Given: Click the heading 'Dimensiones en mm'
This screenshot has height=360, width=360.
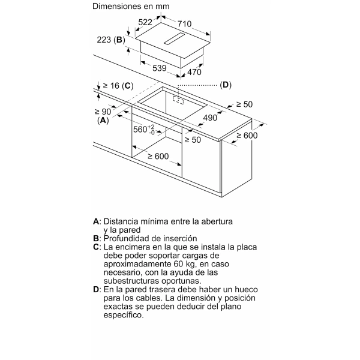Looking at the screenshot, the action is point(131,6).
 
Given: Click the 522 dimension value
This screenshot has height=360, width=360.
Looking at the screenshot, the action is point(145,22).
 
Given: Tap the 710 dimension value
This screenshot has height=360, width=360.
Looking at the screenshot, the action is point(184,23).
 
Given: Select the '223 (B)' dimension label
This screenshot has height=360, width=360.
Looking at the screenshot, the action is point(111,40).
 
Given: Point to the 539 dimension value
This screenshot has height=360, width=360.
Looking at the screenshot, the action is point(160,68).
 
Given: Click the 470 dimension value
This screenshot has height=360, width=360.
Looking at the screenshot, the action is point(194,72).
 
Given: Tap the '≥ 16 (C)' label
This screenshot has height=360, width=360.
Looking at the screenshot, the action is point(118,86).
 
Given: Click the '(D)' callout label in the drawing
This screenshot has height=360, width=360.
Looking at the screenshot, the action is point(226,85).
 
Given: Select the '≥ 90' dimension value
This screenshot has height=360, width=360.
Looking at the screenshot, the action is point(103,112).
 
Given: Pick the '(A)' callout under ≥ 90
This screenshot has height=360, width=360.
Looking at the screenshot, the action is point(103,120).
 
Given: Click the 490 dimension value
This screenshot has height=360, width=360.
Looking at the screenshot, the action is point(210,118).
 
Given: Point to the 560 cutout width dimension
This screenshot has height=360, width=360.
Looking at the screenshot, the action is point(144,130).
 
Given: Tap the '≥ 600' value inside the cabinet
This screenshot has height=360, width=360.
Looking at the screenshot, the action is point(158,157).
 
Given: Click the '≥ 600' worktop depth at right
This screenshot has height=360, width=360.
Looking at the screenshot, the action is point(247,136).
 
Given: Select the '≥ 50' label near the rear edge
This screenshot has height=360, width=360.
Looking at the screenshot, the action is point(244,104).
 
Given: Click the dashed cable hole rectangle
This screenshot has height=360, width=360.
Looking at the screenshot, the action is point(178,100).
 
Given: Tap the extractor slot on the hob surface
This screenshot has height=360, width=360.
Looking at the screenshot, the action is point(174,38).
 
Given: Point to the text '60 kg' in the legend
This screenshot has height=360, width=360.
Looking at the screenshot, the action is point(185,264).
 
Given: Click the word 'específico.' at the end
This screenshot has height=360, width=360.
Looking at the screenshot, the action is point(124,315).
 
